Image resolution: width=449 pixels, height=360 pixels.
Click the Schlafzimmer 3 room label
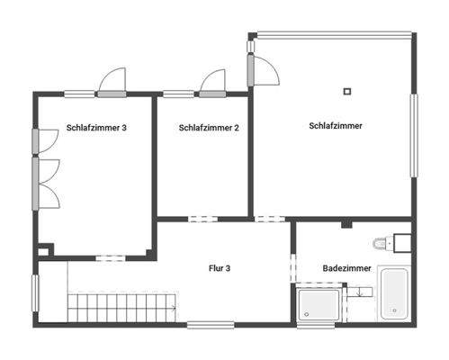coord(96,128)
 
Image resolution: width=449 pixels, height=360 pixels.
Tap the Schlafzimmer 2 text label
coord(209,128)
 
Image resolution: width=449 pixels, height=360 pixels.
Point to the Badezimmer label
coord(346,268)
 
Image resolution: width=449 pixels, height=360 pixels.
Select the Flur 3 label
coord(220,268)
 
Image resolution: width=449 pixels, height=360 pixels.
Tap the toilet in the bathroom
coord(382,243)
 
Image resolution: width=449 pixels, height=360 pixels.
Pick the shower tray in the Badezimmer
coord(319,303)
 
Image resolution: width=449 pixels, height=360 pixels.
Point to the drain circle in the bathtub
coord(394,310)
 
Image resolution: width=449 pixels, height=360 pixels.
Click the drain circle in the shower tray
coord(308,313)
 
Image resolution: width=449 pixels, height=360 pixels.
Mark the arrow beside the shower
coord(359,292)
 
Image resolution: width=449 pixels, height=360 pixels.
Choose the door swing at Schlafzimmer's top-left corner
coord(262,68)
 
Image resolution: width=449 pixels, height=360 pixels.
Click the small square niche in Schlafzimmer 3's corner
coord(45,249)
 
